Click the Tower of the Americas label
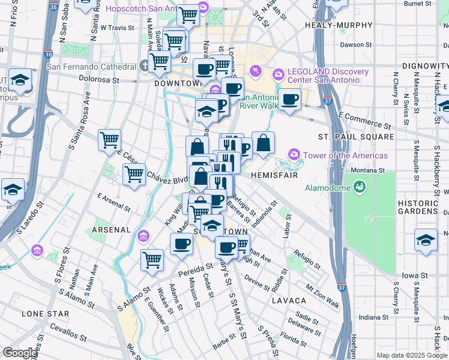[345, 155]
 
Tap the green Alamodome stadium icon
[360, 187]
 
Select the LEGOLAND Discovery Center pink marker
[278, 75]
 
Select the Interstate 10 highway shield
[47, 55]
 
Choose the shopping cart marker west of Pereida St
[152, 260]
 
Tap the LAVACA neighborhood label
[288, 299]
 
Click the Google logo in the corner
[20, 352]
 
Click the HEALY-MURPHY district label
[331, 26]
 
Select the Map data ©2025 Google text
[412, 355]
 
